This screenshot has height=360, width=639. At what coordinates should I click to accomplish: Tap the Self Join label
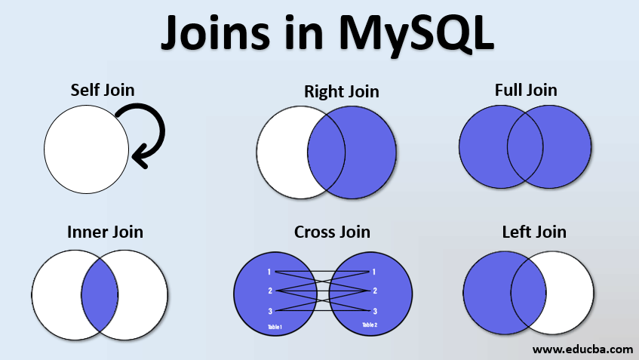103,90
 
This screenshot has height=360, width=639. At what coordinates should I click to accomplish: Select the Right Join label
341,92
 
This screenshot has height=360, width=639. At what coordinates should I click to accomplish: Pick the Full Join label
526,90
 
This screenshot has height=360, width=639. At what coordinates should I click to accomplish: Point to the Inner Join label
105,232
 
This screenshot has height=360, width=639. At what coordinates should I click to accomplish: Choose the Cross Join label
332,232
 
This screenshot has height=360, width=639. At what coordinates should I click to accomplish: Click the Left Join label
534,232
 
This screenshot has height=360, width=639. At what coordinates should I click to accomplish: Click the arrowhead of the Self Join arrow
137,157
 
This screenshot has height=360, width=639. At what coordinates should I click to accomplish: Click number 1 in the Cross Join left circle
269,272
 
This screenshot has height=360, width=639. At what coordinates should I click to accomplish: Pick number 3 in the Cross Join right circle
375,310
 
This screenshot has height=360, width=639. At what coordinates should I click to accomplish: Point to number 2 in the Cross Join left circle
269,291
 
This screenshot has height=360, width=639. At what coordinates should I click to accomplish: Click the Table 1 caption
275,327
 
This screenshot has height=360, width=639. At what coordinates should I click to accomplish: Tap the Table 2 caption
370,325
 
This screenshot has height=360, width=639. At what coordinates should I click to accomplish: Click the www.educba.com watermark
582,349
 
